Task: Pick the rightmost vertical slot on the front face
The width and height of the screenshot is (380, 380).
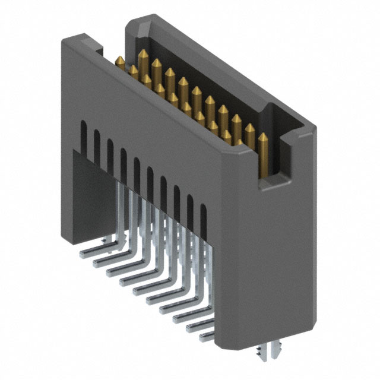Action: click(x=204, y=217)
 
